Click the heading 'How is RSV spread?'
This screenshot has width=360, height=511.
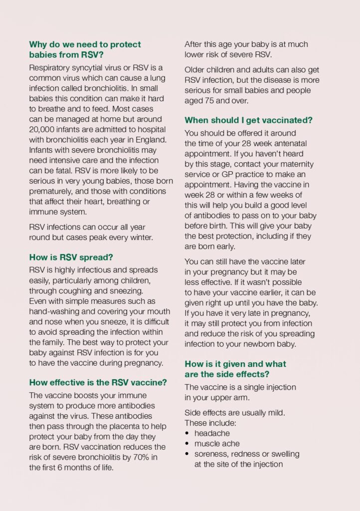71,257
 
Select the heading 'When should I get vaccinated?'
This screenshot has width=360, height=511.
248,120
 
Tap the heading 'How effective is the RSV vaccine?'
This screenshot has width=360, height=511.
98,383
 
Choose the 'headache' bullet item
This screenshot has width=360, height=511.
212,433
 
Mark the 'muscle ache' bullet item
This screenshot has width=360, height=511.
217,443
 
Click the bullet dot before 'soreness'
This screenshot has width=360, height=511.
187,454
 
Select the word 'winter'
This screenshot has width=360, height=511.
140,237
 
